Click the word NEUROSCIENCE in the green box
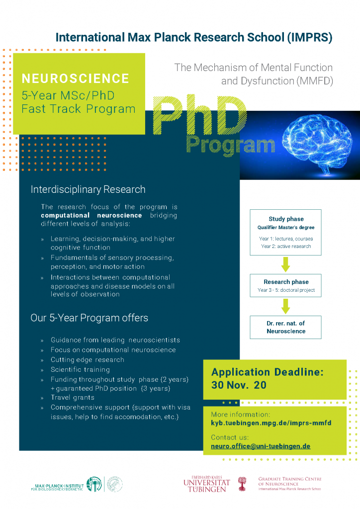click(76, 79)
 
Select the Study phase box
click(285, 232)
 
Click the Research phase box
click(285, 286)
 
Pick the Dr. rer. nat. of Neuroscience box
click(285, 327)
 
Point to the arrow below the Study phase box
click(285, 264)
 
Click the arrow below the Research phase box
click(285, 307)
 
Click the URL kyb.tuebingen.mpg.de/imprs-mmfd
click(271, 423)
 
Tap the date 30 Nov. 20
click(239, 385)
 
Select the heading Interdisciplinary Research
click(88, 189)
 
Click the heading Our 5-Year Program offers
click(90, 318)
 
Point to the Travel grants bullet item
click(73, 398)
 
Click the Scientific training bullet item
click(81, 369)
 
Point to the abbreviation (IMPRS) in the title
click(308, 37)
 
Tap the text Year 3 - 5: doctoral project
click(286, 290)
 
